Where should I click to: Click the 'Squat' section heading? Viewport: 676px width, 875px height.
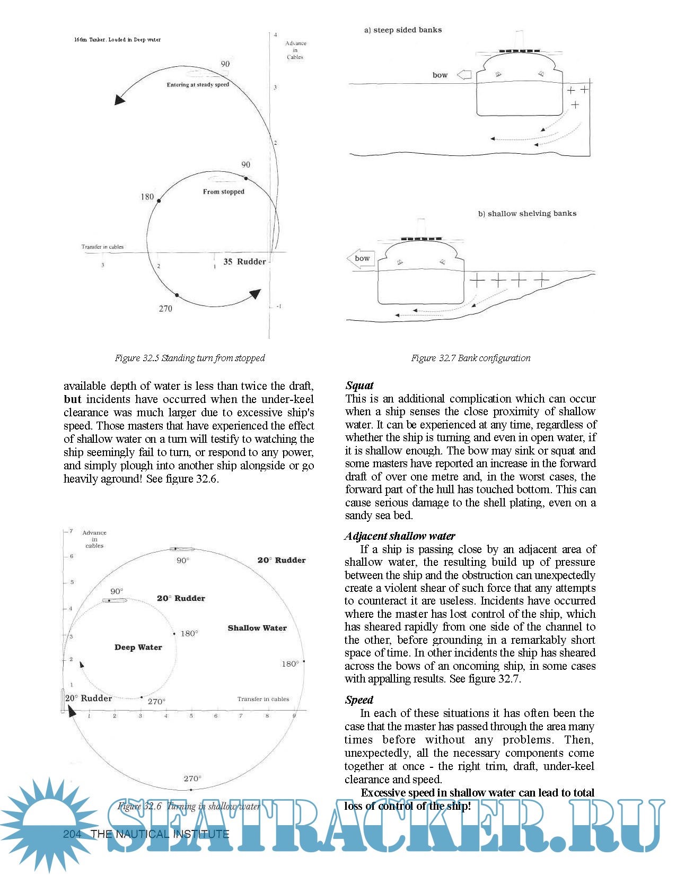point(359,386)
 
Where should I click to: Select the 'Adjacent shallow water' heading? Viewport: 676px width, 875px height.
point(400,536)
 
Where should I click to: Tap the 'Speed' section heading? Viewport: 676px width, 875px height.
point(359,700)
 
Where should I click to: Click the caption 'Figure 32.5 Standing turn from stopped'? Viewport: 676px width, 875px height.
point(190,358)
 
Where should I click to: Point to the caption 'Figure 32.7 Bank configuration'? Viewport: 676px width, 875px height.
point(471,358)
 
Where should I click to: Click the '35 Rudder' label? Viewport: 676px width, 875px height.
point(244,261)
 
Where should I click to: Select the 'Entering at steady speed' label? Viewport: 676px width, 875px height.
point(198,85)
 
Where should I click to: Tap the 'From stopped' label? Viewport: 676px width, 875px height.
point(223,191)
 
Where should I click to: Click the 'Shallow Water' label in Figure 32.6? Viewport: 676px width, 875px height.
point(257,628)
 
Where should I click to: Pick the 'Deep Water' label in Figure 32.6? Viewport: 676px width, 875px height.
point(138,647)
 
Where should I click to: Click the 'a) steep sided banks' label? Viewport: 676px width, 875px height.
point(402,30)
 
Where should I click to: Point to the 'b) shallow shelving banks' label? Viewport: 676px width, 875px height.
point(527,214)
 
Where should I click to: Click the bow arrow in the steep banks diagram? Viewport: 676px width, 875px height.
point(464,75)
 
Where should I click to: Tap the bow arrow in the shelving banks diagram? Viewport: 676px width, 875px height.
point(361,259)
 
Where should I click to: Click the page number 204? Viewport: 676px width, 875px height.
point(72,834)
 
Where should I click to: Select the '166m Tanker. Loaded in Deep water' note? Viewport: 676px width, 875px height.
point(117,40)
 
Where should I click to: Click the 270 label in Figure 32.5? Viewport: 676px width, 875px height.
point(165,309)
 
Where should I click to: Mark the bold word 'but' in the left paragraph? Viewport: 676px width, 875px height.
point(73,399)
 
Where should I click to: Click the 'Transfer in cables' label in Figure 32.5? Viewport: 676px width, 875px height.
point(102,247)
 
